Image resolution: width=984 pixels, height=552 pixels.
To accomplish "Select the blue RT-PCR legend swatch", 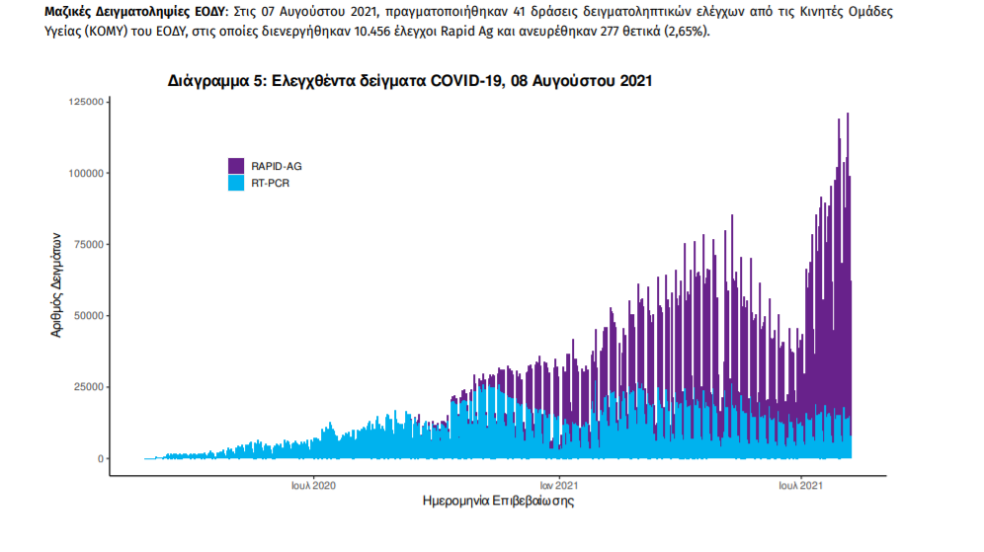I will (x=236, y=183).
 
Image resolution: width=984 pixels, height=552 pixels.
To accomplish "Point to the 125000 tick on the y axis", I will (x=87, y=102).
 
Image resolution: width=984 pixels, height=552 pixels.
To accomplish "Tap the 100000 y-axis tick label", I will (x=87, y=173).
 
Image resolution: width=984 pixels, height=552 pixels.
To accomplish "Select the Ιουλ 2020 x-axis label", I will (x=313, y=485).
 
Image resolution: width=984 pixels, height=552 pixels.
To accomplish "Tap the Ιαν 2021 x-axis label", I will (x=558, y=485).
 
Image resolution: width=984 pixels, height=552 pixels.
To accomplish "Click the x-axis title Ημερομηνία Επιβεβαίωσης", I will (x=498, y=502).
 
